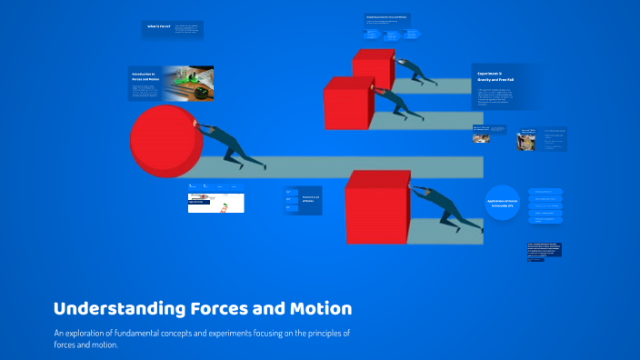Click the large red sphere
[165, 141]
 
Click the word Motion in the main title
[317, 308]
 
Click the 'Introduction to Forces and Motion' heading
[144, 76]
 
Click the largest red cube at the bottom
[379, 208]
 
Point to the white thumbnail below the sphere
[215, 203]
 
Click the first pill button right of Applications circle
[545, 192]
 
